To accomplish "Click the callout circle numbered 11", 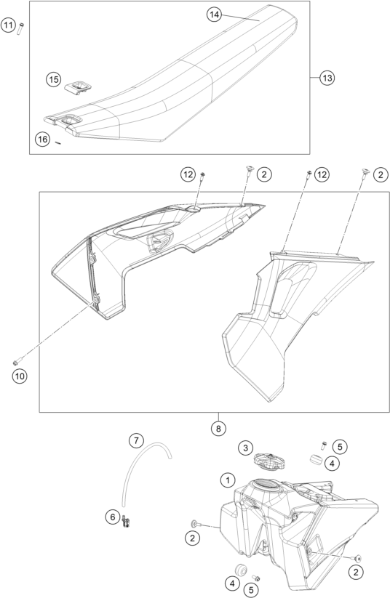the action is pyautogui.click(x=8, y=26).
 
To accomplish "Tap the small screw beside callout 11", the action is pyautogui.click(x=20, y=28).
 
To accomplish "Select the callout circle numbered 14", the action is pyautogui.click(x=215, y=15).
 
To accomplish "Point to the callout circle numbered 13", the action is pyautogui.click(x=327, y=78).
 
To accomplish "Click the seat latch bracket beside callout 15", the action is pyautogui.click(x=79, y=87).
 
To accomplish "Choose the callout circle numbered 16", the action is pyautogui.click(x=43, y=140).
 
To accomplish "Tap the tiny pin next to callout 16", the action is pyautogui.click(x=58, y=143).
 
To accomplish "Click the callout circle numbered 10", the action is pyautogui.click(x=19, y=376).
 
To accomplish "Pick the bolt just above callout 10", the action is pyautogui.click(x=17, y=362).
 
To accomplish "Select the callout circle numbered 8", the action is pyautogui.click(x=218, y=428).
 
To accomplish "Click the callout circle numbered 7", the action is pyautogui.click(x=136, y=440).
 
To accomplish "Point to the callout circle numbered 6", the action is pyautogui.click(x=113, y=517).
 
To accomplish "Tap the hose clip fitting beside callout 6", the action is pyautogui.click(x=126, y=522).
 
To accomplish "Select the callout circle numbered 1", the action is pyautogui.click(x=228, y=480).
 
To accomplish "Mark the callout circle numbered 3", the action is pyautogui.click(x=246, y=448).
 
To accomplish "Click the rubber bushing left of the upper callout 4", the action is pyautogui.click(x=316, y=459).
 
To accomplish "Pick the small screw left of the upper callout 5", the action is pyautogui.click(x=324, y=445).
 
